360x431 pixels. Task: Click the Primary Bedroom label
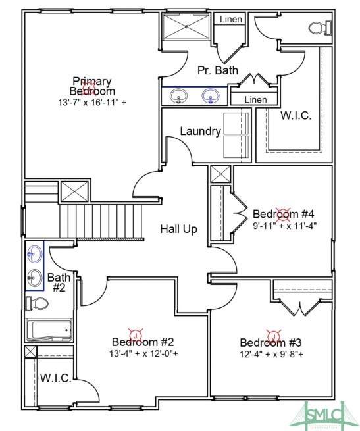92,86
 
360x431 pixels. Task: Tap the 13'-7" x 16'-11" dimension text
92,103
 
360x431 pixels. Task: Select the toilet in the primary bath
321,28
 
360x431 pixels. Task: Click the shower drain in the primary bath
186,27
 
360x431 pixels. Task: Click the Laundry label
201,131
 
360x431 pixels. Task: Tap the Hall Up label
179,229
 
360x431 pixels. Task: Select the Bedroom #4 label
283,214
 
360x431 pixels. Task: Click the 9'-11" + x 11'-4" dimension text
285,226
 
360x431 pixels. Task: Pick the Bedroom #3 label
270,342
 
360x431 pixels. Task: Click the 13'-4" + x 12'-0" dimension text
143,353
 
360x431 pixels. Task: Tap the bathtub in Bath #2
49,330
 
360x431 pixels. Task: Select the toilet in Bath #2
37,304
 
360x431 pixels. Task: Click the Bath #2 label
59,282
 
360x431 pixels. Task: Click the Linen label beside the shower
231,19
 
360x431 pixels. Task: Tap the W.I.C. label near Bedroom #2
56,378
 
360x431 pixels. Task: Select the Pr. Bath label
218,70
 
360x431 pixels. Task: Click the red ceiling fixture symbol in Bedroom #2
136,335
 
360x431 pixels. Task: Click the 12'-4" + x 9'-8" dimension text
271,354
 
